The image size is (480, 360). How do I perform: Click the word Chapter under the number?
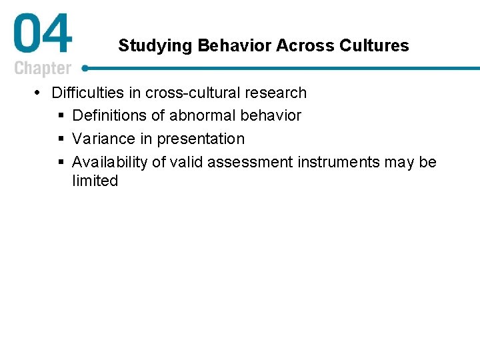tap(43, 68)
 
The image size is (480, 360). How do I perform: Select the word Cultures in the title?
tap(374, 45)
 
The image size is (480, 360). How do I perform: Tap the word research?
tap(277, 93)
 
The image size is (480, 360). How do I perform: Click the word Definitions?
tap(109, 115)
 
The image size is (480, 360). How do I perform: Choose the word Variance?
tap(102, 139)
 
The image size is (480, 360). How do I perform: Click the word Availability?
tap(109, 162)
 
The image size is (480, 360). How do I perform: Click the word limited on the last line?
tap(95, 181)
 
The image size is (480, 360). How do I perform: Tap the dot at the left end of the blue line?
tap(85, 68)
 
